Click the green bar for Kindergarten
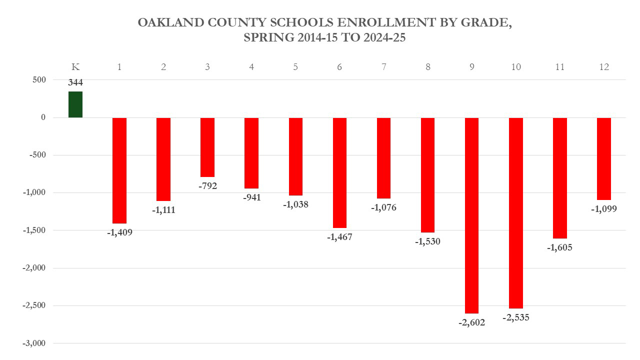pyautogui.click(x=75, y=104)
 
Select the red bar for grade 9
pyautogui.click(x=471, y=215)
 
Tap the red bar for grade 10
pyautogui.click(x=515, y=212)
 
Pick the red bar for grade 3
pyautogui.click(x=207, y=147)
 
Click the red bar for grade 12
pyautogui.click(x=603, y=158)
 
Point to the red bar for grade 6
pyautogui.click(x=339, y=172)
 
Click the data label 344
pyautogui.click(x=75, y=83)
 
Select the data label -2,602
pyautogui.click(x=471, y=322)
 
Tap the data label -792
pyautogui.click(x=207, y=186)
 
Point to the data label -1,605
pyautogui.click(x=559, y=247)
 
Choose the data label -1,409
pyautogui.click(x=119, y=232)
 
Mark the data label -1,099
pyautogui.click(x=603, y=209)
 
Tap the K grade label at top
pyautogui.click(x=75, y=67)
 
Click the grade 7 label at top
pyautogui.click(x=383, y=67)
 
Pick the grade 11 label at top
pyautogui.click(x=559, y=67)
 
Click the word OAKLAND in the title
pyautogui.click(x=168, y=23)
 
